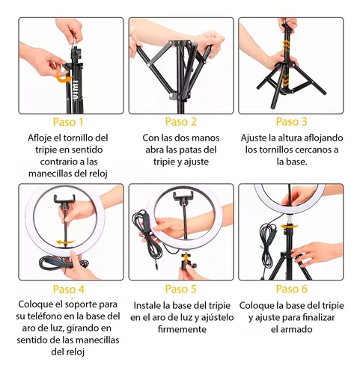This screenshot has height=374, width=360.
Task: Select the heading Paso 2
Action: point(181,121)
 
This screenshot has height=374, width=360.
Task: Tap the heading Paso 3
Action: point(291,121)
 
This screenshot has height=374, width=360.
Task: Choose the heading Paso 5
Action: point(181,289)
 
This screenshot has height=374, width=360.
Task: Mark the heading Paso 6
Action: point(291,289)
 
